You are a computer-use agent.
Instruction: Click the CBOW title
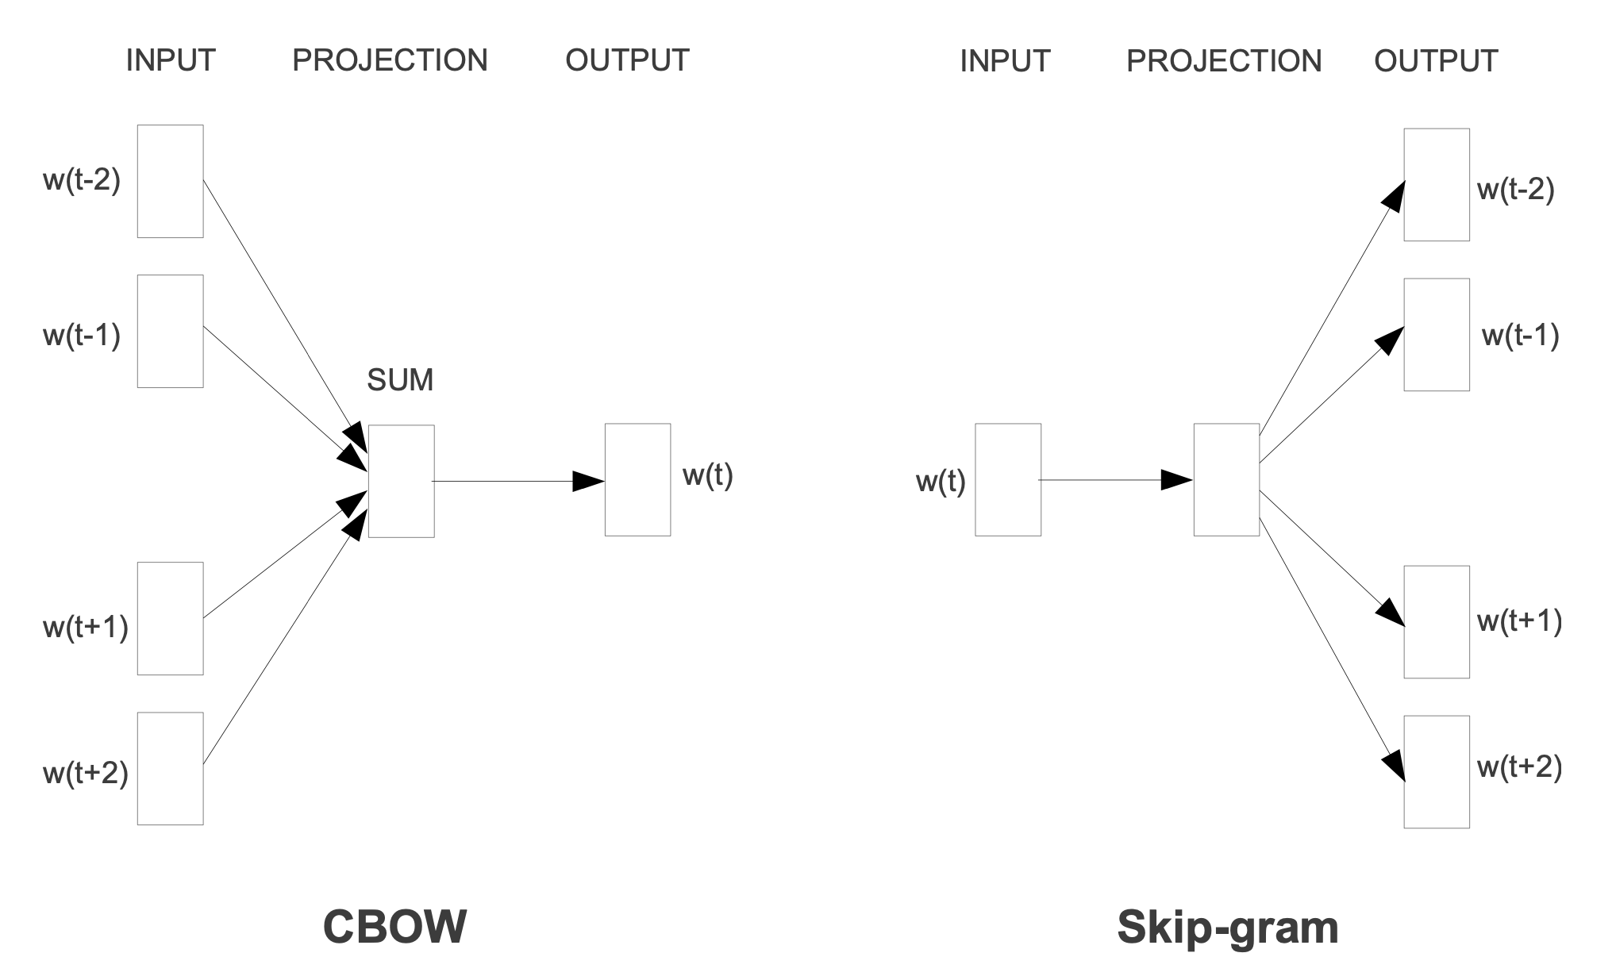394,926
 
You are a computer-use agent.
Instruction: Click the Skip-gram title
1227,927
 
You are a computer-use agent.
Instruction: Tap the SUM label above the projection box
400,380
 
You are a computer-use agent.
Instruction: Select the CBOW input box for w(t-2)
170,181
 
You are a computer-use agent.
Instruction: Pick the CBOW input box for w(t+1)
170,618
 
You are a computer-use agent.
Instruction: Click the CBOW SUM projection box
401,481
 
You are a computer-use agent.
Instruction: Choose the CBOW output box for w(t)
637,479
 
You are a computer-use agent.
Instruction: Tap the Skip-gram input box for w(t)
1007,479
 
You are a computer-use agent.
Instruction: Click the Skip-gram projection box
1226,479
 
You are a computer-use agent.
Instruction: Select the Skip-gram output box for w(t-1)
1436,334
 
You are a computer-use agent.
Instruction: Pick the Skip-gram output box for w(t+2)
1436,771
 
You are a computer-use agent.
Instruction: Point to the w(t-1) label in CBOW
82,335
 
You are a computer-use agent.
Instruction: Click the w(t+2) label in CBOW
85,772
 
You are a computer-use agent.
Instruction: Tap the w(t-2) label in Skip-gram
1515,190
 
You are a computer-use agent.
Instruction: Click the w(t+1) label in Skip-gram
1519,621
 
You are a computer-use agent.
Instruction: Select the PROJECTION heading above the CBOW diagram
390,60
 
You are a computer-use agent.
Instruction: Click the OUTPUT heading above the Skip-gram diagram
1436,61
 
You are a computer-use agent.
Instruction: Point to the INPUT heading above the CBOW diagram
171,60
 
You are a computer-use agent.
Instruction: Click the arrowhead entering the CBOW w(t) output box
589,481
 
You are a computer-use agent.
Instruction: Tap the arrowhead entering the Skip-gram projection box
1177,480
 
